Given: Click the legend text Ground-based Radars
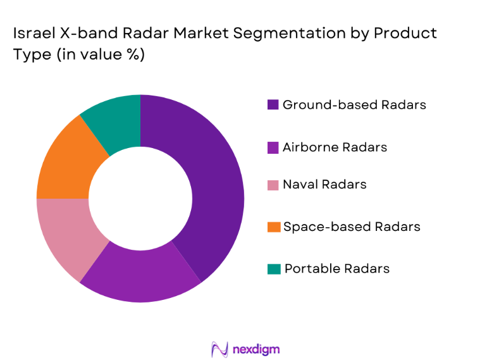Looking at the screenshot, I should point(354,104).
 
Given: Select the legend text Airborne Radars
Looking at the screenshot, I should point(335,147).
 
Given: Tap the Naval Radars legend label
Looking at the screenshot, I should point(324,185).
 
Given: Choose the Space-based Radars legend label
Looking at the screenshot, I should point(352,226).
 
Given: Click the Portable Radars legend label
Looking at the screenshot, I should point(337,268).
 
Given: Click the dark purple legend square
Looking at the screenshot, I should point(273,105).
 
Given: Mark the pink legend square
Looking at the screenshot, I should point(273,185).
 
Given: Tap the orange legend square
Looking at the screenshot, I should point(273,227).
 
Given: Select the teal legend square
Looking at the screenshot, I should point(273,269).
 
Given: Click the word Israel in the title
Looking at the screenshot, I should point(33,33).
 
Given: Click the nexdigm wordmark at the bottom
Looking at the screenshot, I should point(256,349).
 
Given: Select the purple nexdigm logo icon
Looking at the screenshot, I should point(219,349).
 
